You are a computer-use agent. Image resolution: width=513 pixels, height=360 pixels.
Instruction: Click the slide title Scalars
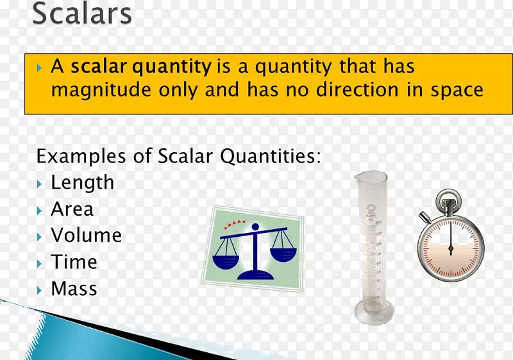tap(82, 13)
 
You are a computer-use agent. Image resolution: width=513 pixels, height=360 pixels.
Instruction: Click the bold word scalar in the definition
tap(99, 66)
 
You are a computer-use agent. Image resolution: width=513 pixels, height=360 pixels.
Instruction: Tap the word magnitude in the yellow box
tap(101, 90)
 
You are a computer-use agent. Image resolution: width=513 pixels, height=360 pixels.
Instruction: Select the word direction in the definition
tap(357, 89)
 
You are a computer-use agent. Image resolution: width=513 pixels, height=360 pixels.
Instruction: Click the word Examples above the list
tap(81, 156)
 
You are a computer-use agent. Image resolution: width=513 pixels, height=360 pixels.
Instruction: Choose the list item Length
tap(83, 183)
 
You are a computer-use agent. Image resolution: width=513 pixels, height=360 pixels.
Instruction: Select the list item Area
tap(72, 209)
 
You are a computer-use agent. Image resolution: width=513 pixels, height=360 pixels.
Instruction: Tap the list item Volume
tap(87, 235)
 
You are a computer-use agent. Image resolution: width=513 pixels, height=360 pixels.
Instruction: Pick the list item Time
tap(74, 262)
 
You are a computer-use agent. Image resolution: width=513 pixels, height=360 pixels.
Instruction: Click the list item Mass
tap(74, 289)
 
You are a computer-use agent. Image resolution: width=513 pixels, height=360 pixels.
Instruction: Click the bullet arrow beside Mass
tap(40, 290)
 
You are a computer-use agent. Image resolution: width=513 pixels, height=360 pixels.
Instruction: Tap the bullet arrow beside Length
tap(40, 184)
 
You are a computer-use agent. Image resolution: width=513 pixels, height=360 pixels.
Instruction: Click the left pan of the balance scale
tap(226, 261)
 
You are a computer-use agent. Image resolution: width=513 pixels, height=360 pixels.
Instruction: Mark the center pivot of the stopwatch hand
tap(451, 249)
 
